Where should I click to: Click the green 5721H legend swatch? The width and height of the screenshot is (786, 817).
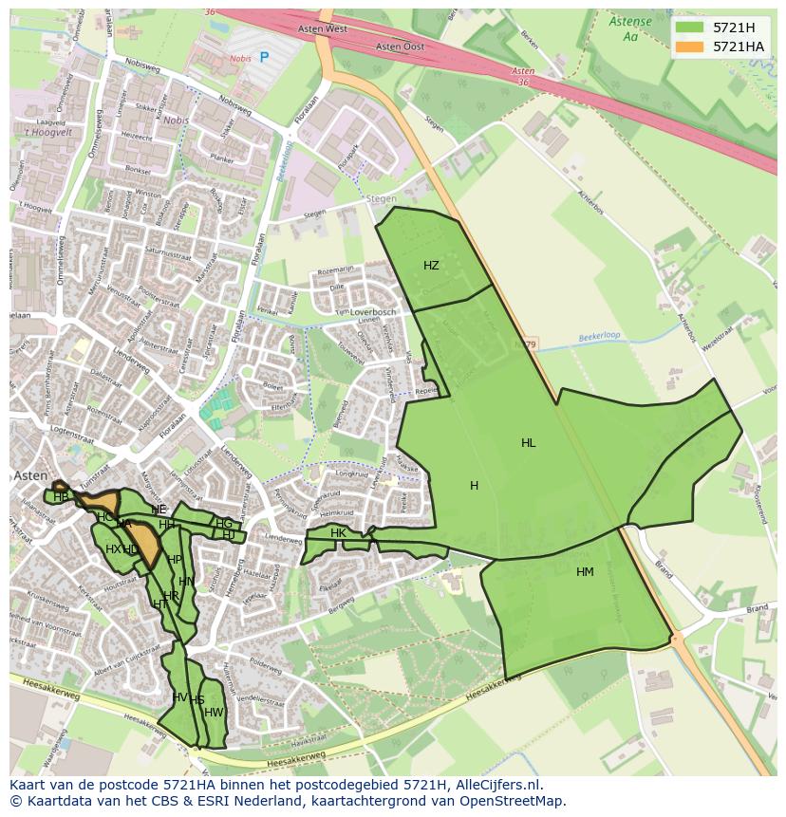tap(689, 28)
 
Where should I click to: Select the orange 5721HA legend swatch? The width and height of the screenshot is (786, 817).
tap(689, 46)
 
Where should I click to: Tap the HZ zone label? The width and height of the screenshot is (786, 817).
tap(431, 266)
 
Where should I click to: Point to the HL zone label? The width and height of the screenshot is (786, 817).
tap(528, 443)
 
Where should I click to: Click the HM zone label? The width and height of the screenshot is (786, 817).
tap(585, 571)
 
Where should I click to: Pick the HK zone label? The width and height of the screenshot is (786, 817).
tap(338, 533)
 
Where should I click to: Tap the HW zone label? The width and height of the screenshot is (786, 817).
tap(214, 713)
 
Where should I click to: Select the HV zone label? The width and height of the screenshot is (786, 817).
tap(179, 697)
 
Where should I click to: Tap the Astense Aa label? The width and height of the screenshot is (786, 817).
tap(630, 28)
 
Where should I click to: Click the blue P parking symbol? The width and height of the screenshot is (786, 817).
tap(264, 57)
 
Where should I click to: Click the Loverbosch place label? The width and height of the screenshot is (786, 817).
tap(372, 312)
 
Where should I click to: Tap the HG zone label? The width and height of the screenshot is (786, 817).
tap(224, 524)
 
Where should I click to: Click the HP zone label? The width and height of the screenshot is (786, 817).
tap(175, 560)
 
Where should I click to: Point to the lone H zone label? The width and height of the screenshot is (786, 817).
tap(474, 486)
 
